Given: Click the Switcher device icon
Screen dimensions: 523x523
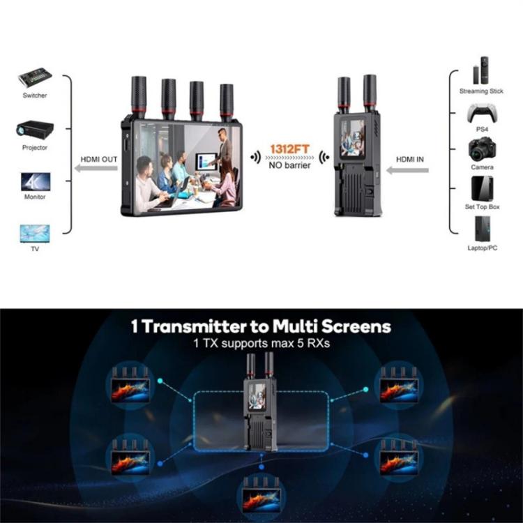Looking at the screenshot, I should click(x=34, y=77).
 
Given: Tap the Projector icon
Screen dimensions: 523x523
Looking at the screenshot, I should click(x=34, y=130).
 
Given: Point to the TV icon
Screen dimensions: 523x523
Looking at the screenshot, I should click(x=34, y=232).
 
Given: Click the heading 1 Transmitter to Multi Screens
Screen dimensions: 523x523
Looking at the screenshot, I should click(x=261, y=326).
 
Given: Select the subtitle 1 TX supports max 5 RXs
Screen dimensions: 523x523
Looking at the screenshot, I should click(x=261, y=343).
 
